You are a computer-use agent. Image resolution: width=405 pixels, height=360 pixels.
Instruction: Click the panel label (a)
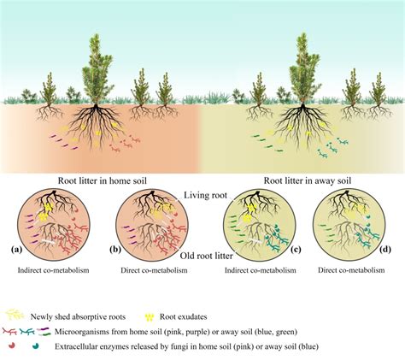(16, 250)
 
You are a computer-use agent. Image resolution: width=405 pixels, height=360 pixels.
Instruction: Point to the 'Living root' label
(204, 196)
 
